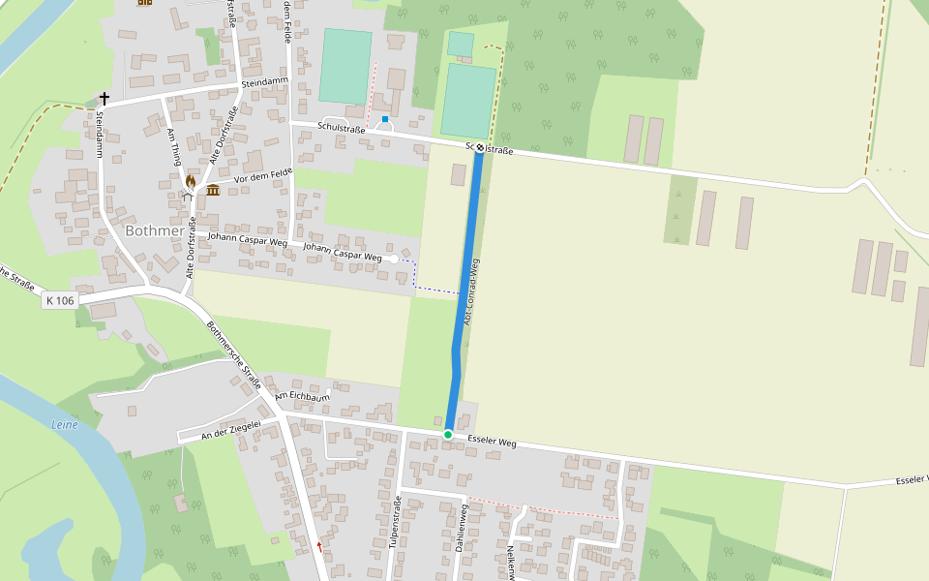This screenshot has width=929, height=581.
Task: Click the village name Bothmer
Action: (x=155, y=230)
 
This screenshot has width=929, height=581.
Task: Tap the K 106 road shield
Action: (x=60, y=301)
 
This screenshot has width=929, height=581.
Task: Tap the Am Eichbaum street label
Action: (x=303, y=397)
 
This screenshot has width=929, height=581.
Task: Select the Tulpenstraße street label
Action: (x=395, y=523)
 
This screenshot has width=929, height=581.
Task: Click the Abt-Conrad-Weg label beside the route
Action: (x=472, y=290)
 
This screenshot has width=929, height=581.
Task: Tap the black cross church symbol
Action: (x=104, y=99)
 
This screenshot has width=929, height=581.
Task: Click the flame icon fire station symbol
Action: (x=191, y=181)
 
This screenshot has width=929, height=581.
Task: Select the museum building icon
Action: (x=212, y=189)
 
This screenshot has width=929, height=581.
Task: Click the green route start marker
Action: (x=448, y=435)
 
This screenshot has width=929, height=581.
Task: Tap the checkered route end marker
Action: (x=479, y=147)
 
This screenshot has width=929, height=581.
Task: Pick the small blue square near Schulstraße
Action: (x=385, y=119)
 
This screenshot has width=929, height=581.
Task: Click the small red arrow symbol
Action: (x=319, y=546)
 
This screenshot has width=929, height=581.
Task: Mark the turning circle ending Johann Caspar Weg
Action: (x=394, y=259)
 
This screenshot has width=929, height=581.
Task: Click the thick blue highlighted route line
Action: (x=464, y=290)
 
